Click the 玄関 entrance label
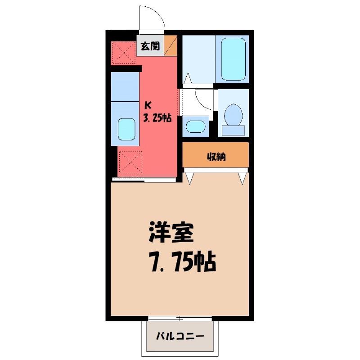tap(150, 46)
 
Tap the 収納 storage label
tap(216, 157)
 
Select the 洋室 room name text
tap(171, 232)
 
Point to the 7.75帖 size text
tap(183, 261)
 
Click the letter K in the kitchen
tap(148, 105)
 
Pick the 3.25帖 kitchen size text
tap(157, 118)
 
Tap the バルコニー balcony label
tap(180, 336)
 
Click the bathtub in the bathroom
tap(233, 59)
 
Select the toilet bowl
tap(234, 115)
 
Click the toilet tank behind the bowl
tap(233, 130)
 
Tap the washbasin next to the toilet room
tap(195, 126)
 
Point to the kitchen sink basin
tap(126, 129)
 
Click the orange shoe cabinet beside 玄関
tap(171, 45)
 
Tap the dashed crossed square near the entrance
tap(124, 53)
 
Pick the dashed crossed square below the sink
tap(130, 162)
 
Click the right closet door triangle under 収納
tap(243, 178)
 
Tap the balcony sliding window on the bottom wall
tap(180, 319)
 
